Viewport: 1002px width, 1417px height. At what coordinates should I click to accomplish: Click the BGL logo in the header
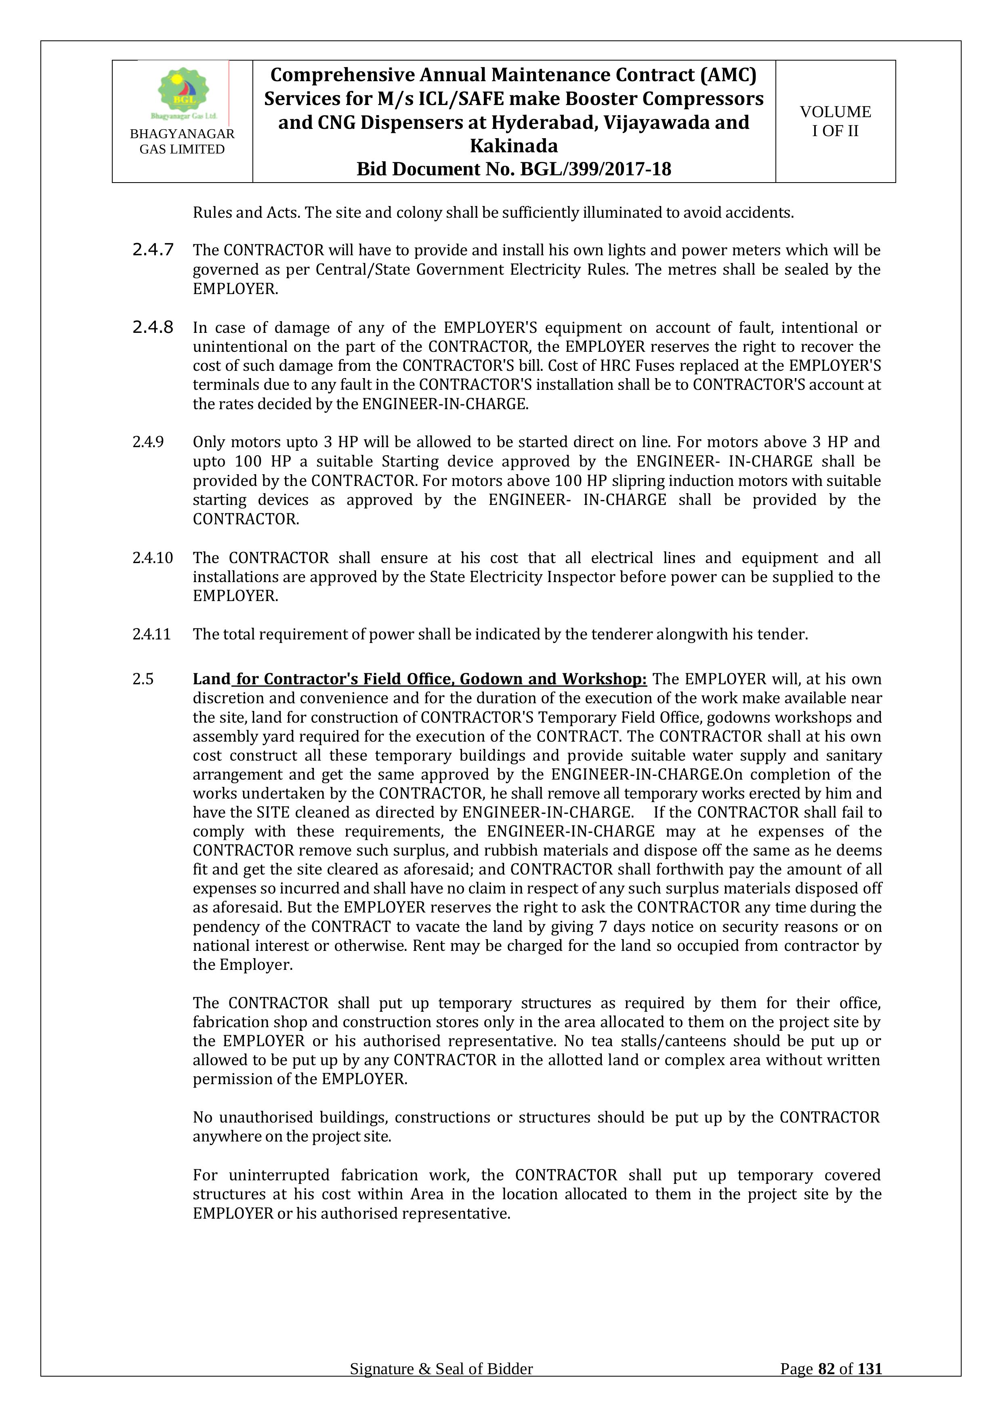183,93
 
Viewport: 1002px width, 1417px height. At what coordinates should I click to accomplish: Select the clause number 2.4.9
148,442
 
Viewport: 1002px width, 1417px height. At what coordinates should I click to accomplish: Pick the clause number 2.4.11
151,635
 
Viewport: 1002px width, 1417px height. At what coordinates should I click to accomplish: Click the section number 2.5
143,679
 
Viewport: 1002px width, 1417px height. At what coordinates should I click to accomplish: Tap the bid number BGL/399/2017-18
595,169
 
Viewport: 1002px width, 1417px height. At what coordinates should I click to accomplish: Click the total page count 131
870,1386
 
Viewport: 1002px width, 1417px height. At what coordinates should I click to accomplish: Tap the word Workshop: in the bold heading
604,679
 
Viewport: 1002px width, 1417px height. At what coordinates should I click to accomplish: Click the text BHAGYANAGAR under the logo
182,134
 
